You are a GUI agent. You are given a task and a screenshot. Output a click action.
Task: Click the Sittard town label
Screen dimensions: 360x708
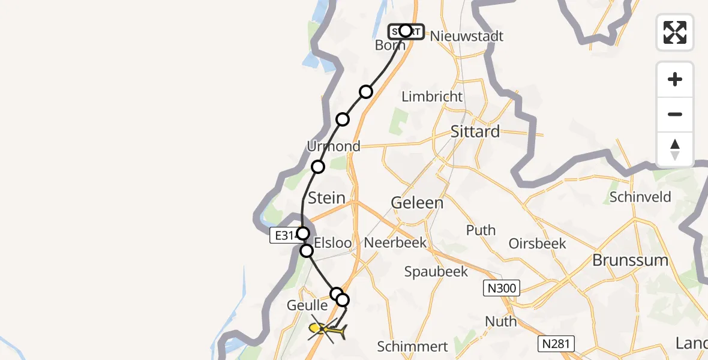tap(475, 131)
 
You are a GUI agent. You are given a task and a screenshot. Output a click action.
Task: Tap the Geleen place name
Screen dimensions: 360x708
tap(417, 203)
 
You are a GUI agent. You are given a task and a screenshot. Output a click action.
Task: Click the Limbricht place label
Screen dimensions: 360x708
tap(432, 97)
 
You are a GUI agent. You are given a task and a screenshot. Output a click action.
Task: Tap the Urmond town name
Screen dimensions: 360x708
tap(334, 146)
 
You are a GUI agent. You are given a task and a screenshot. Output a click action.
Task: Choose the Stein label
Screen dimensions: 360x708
tap(326, 197)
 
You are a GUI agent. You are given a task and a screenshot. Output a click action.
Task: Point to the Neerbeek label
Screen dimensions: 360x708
tap(395, 242)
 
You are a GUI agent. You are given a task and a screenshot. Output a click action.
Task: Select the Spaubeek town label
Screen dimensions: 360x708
tap(436, 271)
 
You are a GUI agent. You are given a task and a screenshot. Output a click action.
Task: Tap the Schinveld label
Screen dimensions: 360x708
tap(640, 197)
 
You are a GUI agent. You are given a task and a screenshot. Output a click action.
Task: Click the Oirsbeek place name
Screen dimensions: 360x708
tap(537, 243)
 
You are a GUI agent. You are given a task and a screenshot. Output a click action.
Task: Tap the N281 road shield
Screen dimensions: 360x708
tap(556, 344)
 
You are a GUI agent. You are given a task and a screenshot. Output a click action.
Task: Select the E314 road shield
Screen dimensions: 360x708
tap(284, 235)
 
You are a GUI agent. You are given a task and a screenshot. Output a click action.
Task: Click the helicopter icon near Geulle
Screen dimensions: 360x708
tap(326, 329)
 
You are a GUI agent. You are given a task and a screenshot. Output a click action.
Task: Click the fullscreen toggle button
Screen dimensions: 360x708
tap(675, 32)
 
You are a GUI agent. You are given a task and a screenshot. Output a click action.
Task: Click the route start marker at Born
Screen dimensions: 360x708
tap(406, 31)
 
